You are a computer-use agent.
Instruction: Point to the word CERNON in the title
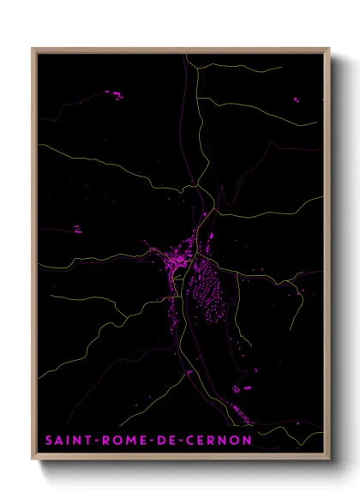(x=219, y=441)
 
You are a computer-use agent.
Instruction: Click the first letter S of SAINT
(x=49, y=441)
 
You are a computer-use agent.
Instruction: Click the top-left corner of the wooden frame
(x=33, y=49)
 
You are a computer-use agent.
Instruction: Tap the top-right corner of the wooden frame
(x=330, y=49)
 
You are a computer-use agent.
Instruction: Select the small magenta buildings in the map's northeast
(x=297, y=100)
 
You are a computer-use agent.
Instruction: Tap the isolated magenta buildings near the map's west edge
(x=76, y=229)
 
